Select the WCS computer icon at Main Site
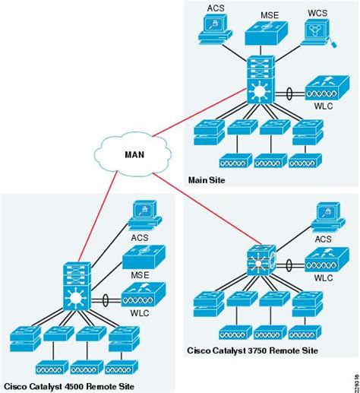(317, 30)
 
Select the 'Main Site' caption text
(207, 180)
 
